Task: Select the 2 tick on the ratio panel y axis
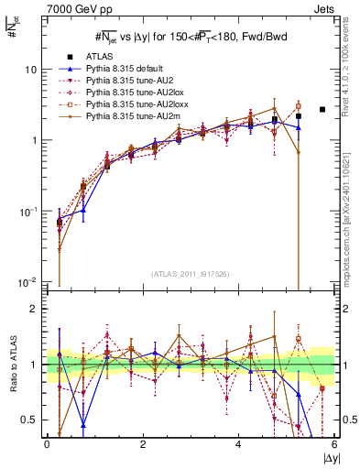tap(36, 309)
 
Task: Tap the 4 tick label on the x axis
tap(239, 444)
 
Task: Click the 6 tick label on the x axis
tap(334, 444)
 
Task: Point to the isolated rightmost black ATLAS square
tap(322, 110)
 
